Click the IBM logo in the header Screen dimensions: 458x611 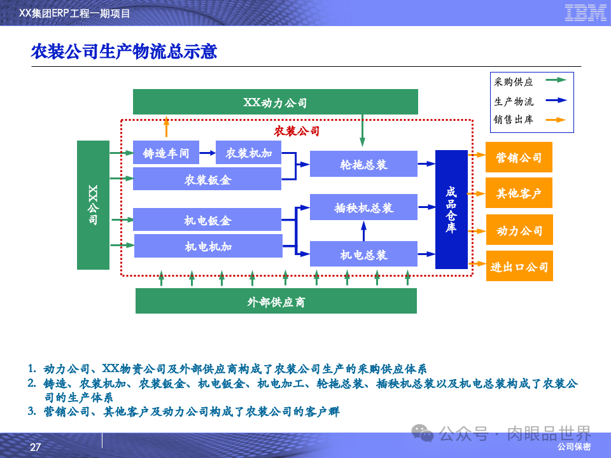585,13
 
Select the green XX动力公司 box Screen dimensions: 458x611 275,102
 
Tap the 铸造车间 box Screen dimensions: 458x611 165,153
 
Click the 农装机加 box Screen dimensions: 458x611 248,153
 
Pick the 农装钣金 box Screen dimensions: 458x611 207,179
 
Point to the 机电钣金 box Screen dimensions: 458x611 207,219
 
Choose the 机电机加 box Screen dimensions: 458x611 208,246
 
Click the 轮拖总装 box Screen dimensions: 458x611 363,164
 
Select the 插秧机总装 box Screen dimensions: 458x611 363,207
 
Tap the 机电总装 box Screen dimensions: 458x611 363,254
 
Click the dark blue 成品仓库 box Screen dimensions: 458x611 451,209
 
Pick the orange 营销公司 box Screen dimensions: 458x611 519,157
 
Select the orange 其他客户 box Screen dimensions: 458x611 519,193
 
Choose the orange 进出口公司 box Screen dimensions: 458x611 519,266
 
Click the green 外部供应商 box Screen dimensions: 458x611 276,301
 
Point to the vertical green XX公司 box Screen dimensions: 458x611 93,205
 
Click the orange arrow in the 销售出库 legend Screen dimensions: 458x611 556,119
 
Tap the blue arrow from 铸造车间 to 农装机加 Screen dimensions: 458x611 207,153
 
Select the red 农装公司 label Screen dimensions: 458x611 297,131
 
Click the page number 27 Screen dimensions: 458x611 35,448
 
